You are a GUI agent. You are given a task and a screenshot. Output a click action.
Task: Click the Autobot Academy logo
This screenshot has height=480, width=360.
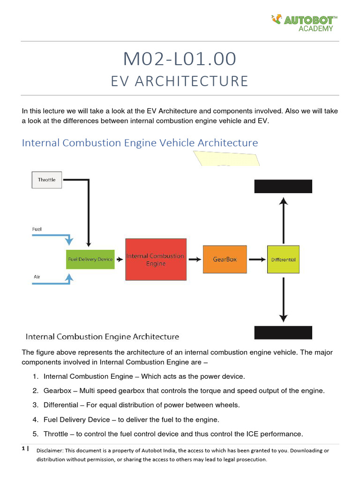tap(304, 22)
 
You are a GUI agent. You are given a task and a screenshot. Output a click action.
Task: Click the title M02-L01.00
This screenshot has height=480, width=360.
tap(180, 59)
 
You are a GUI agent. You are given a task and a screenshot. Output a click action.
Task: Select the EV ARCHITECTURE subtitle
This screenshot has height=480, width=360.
tap(180, 81)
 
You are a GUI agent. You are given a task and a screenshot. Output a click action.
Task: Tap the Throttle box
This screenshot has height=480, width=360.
tap(46, 180)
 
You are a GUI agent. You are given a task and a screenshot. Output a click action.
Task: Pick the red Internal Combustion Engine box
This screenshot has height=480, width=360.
tap(156, 260)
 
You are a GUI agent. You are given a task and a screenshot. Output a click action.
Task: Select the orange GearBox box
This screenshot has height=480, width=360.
tap(225, 259)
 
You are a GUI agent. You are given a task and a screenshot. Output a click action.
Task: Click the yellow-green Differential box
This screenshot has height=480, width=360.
tap(283, 259)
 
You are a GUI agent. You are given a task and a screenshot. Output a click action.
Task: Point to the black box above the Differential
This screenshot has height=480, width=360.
tap(283, 186)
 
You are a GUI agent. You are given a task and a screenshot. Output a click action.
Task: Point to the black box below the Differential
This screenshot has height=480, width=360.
tap(283, 332)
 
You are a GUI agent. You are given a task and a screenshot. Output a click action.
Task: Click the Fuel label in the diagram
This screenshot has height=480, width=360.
tap(37, 229)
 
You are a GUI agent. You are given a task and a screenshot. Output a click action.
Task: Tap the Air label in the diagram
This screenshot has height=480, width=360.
tap(37, 277)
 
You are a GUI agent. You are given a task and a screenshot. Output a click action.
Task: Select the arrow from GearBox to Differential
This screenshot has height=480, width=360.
tap(255, 259)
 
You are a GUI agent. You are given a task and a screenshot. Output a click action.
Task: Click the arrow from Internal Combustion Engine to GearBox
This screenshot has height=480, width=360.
tap(193, 259)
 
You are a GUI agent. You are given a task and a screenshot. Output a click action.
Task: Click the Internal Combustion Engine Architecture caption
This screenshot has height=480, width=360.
tap(102, 337)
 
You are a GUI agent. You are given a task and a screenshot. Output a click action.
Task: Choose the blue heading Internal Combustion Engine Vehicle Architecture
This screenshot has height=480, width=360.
tap(140, 142)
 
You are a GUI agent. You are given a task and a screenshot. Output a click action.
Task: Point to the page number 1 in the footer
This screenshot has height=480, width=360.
tap(23, 449)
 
